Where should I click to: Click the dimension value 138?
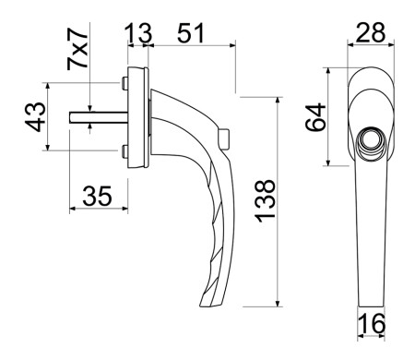click(266, 200)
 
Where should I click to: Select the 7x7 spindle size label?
click(77, 49)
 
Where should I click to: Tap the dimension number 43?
click(35, 117)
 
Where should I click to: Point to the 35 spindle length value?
click(97, 196)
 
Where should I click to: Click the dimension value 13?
click(138, 33)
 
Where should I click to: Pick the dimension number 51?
click(191, 33)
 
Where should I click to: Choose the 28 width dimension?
click(371, 32)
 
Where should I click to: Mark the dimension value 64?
click(315, 117)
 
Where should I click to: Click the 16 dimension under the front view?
click(372, 323)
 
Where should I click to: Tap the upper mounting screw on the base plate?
click(125, 83)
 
